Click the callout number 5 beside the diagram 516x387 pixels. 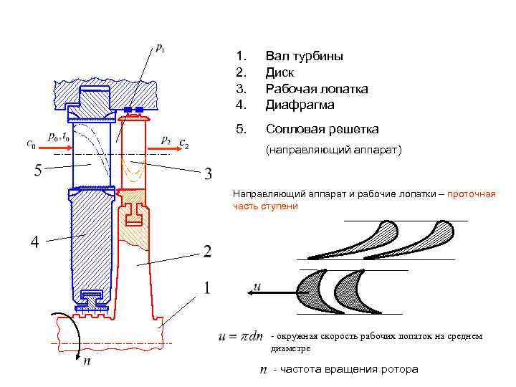38,171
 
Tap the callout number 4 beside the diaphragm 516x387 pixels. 33,242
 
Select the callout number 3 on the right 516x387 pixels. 207,173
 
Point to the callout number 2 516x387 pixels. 206,252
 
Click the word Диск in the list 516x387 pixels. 280,72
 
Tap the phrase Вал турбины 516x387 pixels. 304,56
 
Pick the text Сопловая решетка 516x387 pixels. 322,129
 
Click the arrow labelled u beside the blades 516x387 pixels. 266,292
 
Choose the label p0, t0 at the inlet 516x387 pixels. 59,136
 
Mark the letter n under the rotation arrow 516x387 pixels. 87,361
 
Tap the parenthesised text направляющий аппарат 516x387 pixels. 335,151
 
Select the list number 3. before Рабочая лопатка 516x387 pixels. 242,88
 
